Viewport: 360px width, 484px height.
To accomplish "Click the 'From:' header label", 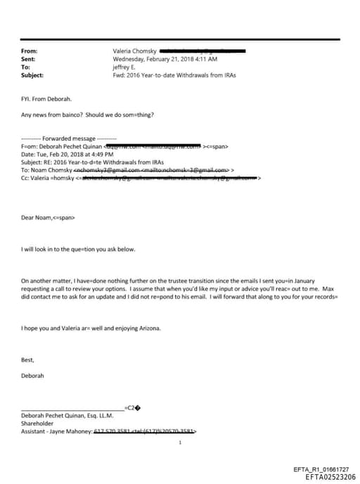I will (30, 51).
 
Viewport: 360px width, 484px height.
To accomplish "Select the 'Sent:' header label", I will (29, 59).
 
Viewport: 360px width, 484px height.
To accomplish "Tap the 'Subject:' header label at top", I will (32, 75).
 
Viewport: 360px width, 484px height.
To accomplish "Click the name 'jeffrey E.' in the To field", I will (125, 67).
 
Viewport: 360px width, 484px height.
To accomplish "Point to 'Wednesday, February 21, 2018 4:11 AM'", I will (165, 59).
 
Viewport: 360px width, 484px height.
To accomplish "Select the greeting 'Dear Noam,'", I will (39, 217).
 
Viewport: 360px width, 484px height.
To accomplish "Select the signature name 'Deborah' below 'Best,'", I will (33, 376).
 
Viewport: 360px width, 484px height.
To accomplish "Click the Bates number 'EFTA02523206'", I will (330, 477).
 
